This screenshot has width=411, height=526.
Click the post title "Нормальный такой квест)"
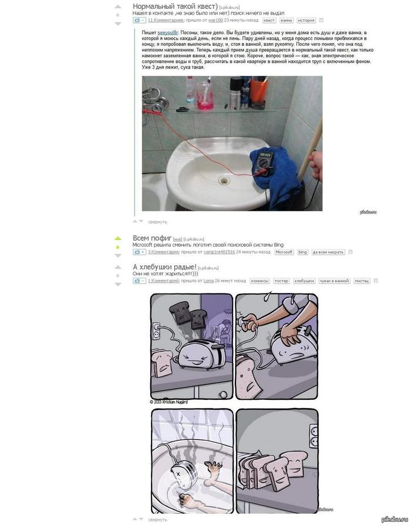[x=175, y=6]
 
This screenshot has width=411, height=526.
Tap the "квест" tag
[x=269, y=20]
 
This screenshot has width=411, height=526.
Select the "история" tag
[x=305, y=20]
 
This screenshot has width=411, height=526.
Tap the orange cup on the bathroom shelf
[x=258, y=93]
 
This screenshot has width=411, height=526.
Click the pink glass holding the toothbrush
[x=205, y=96]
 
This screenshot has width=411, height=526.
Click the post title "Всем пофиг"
[x=151, y=238]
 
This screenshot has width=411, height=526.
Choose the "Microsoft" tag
[x=284, y=252]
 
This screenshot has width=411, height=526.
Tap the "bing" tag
[x=302, y=252]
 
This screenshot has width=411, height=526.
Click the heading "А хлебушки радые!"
[x=164, y=268]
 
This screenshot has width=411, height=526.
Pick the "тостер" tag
[x=281, y=281]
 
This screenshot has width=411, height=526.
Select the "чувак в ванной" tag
[x=335, y=281]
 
